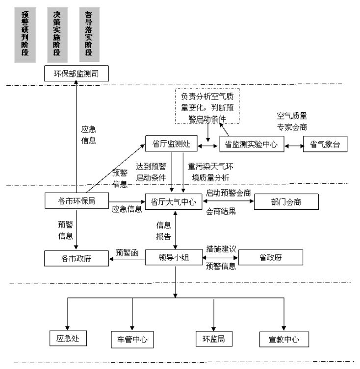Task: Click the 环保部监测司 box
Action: coord(76,74)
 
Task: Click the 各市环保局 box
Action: coord(76,200)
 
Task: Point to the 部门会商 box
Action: coord(286,201)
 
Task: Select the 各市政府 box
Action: coord(76,257)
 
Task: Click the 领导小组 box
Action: coord(175,257)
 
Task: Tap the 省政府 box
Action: coord(270,257)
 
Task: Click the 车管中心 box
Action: coord(132,339)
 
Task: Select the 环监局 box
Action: coord(214,338)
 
